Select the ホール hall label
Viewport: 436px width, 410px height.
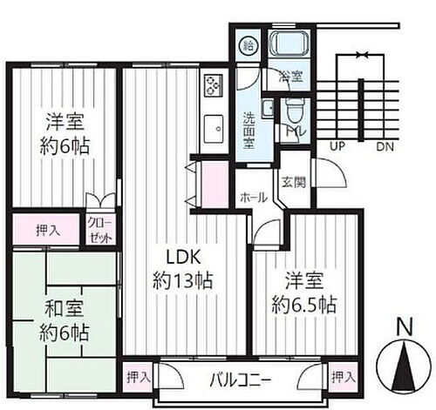[x=254, y=198]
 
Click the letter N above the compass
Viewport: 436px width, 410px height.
[x=402, y=327]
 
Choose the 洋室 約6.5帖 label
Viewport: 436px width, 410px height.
[x=304, y=294]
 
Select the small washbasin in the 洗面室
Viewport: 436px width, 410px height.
[x=269, y=108]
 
